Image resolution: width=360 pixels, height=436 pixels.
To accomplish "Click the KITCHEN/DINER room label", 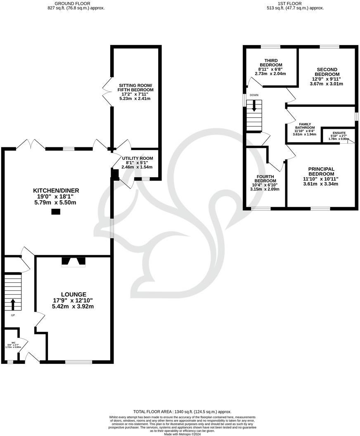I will coord(56,190).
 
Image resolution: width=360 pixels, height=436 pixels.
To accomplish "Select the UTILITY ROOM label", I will coord(137,158).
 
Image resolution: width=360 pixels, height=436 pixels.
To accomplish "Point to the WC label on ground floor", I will coord(13,343).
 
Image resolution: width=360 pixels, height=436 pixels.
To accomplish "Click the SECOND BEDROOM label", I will coord(327,72).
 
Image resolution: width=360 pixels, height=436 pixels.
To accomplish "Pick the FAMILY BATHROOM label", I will coord(304,126).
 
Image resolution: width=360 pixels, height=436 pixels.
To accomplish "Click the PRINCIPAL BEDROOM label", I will coord(321,171).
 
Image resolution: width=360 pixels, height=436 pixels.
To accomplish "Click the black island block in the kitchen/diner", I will coord(55,212).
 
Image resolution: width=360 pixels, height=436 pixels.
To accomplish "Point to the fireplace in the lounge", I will coord(73,262).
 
